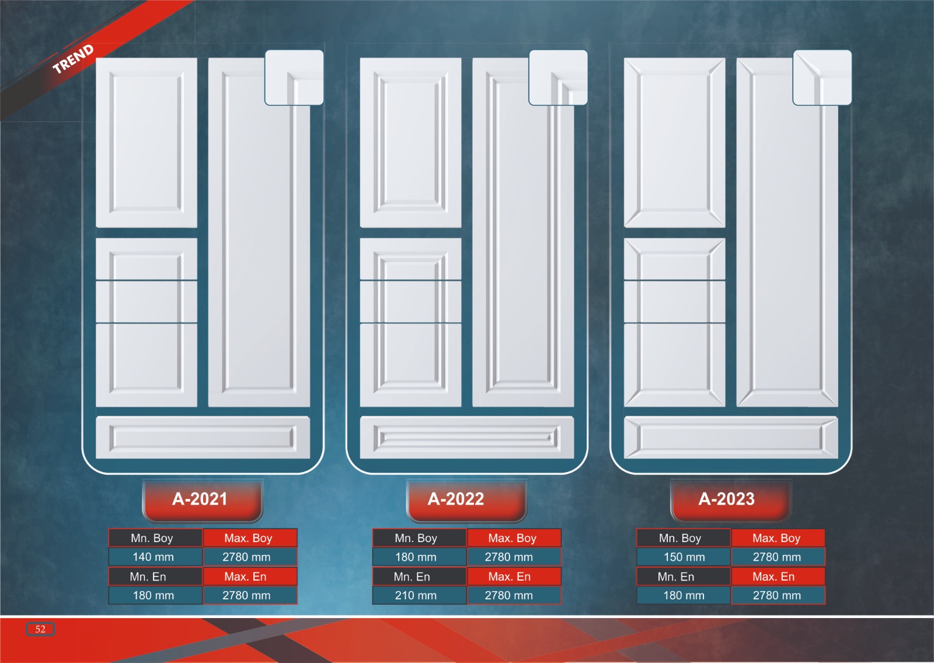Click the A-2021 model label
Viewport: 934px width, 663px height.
(x=200, y=499)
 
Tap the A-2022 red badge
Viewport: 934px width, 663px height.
(x=456, y=499)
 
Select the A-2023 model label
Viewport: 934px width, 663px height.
(x=727, y=499)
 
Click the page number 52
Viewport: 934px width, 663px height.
(x=40, y=629)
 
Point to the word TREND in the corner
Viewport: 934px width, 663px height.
(x=73, y=59)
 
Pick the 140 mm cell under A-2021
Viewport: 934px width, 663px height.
(x=154, y=557)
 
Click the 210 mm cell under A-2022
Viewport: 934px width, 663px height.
(x=416, y=595)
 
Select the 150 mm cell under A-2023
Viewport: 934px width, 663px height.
(x=684, y=557)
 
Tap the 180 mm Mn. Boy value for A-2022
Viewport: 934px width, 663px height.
(x=416, y=557)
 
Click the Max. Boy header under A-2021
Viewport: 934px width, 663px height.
(x=249, y=538)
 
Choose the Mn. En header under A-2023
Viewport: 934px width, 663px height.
(x=676, y=577)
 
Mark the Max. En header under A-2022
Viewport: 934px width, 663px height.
(x=510, y=577)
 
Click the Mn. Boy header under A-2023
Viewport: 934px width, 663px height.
(x=680, y=538)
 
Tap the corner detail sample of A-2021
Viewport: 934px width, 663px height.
(x=294, y=78)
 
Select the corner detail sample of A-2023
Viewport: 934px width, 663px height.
(x=822, y=78)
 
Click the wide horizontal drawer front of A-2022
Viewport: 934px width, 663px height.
(x=466, y=437)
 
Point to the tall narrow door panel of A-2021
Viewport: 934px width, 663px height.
(x=259, y=245)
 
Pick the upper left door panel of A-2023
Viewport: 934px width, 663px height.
(x=675, y=143)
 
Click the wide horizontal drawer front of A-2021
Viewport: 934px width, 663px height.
(x=203, y=437)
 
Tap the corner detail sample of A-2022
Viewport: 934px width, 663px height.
(x=558, y=78)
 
